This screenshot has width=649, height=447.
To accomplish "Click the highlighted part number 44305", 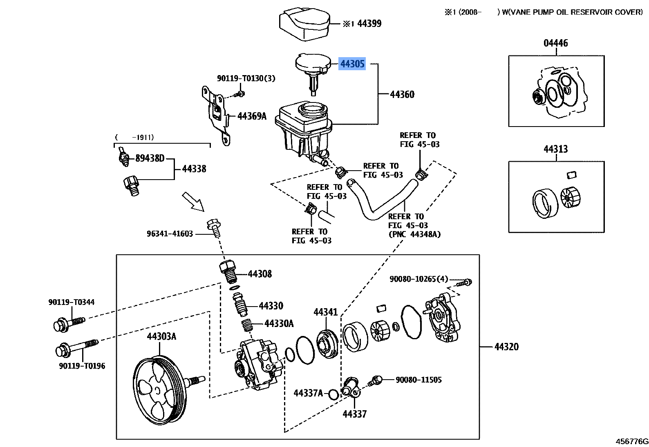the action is (x=352, y=64).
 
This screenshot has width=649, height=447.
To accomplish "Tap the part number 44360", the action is (x=402, y=94).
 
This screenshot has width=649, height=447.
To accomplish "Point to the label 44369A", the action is (x=252, y=116).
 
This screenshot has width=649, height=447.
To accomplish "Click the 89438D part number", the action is (x=150, y=158).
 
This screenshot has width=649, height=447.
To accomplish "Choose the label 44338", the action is (x=194, y=169).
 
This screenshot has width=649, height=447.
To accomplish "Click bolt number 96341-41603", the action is (x=170, y=234).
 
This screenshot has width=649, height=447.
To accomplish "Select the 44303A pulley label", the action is (x=161, y=336).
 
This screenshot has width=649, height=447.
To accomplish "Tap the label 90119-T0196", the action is (x=82, y=366).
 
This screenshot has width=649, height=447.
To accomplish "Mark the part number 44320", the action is (x=506, y=347).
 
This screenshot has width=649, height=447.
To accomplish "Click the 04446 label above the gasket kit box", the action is (x=556, y=43).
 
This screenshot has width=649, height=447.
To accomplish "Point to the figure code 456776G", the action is (x=632, y=441).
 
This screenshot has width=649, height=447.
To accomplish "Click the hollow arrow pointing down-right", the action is (x=193, y=202).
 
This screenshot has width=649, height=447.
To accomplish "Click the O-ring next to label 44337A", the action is (x=333, y=394).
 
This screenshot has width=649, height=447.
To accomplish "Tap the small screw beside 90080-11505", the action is (x=375, y=381).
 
